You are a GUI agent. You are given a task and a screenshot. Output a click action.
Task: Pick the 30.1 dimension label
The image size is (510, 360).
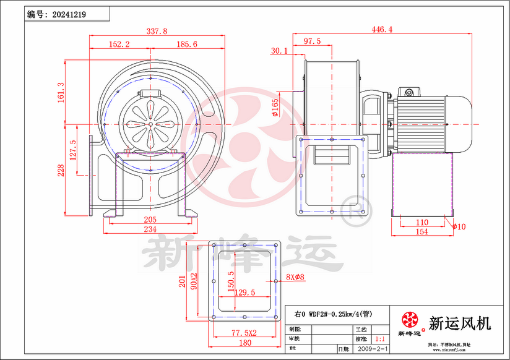(x=279, y=51)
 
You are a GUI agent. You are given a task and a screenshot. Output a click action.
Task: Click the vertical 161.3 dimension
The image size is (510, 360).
(x=61, y=92)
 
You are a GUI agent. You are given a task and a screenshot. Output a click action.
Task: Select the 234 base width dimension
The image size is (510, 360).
(x=150, y=229)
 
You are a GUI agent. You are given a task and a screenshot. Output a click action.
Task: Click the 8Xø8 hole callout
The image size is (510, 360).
(x=295, y=276)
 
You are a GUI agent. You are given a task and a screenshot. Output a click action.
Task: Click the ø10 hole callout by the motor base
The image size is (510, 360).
(x=459, y=226)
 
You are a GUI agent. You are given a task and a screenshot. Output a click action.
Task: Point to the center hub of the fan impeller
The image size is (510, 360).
(x=150, y=124)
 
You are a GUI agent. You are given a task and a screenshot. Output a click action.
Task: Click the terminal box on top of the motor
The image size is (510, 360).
(x=409, y=92)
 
